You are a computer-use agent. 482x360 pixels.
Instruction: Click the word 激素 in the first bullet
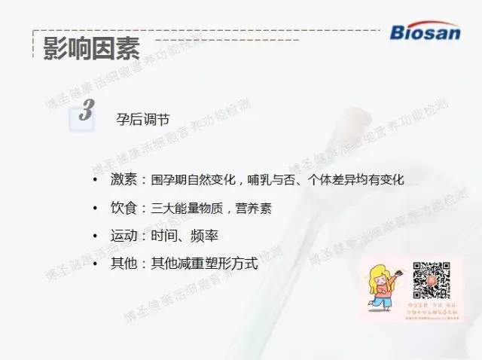click(124, 181)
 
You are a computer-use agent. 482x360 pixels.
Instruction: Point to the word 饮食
click(124, 208)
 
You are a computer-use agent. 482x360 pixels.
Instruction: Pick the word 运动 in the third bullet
click(124, 236)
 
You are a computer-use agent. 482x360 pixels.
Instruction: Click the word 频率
click(205, 236)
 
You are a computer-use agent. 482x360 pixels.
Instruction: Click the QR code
click(432, 279)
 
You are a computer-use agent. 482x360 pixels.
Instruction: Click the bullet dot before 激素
click(95, 181)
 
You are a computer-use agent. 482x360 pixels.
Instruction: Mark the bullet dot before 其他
click(95, 264)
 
